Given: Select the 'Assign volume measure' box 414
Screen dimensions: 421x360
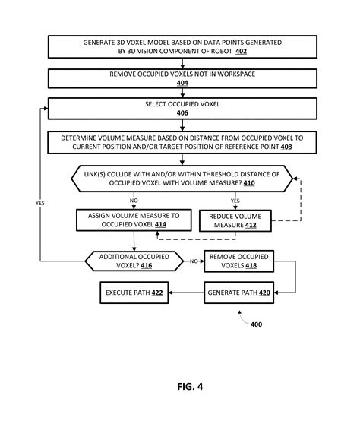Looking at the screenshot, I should coord(134,220).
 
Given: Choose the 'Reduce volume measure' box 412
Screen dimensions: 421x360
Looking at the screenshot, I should coord(235,220).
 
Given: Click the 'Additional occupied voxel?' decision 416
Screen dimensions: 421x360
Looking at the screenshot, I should coord(134,260).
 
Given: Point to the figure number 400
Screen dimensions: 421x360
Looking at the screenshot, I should coord(256,324).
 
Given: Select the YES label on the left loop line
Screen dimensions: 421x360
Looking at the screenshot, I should coord(39,203).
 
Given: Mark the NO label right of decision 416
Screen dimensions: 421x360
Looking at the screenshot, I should coord(194,261).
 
